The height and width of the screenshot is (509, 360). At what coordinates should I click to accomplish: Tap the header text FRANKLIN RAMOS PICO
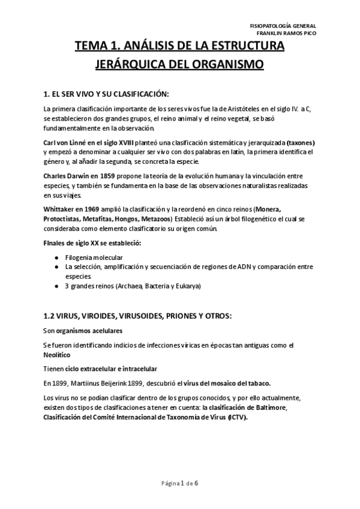[283, 33]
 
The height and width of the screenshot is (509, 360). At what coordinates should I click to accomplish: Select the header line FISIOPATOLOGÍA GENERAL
[283, 25]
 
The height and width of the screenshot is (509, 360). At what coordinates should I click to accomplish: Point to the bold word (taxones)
[301, 142]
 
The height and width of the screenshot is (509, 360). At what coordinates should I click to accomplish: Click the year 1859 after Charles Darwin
[103, 176]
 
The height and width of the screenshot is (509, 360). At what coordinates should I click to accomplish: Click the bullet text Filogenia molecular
[94, 257]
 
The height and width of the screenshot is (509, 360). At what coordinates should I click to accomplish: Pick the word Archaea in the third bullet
[128, 286]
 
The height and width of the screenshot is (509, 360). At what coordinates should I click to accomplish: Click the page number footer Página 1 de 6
[179, 484]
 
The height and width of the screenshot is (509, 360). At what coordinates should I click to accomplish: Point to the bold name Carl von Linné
[65, 142]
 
